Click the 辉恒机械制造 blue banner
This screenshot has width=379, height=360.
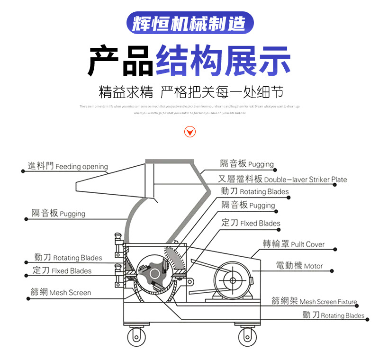(x=190, y=23)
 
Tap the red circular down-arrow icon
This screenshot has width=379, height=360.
(x=189, y=132)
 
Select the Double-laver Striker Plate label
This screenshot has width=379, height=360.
(x=282, y=180)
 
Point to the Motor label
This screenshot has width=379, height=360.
(x=299, y=266)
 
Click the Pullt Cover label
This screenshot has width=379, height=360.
(x=294, y=244)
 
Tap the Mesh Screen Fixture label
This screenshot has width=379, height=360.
(x=314, y=301)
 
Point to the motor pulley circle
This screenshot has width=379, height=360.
(x=233, y=279)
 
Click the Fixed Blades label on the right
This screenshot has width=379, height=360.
(x=251, y=223)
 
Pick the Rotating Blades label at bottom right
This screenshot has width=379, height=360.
(x=334, y=315)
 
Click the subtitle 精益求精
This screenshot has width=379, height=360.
(x=126, y=91)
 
